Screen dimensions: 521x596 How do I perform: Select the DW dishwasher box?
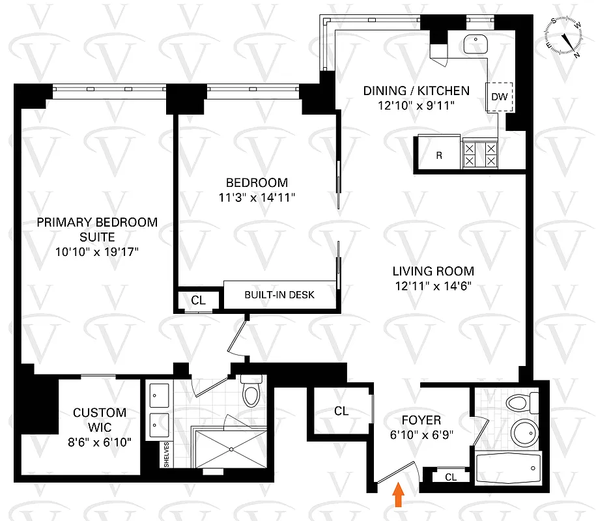tap(500, 97)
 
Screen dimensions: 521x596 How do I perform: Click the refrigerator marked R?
tap(439, 156)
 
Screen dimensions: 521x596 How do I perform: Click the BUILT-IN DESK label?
tap(279, 295)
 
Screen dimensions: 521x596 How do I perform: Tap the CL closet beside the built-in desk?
tap(198, 300)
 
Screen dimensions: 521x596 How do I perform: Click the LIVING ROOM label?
tap(433, 271)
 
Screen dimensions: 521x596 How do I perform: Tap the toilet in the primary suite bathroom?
tap(250, 391)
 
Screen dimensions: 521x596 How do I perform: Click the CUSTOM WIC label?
tap(100, 420)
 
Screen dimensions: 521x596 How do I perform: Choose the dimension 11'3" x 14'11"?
tap(257, 197)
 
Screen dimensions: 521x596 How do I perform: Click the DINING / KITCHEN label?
tap(416, 91)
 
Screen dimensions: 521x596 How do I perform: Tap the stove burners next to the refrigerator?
tap(479, 155)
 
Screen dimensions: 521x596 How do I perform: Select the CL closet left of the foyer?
tap(341, 412)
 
